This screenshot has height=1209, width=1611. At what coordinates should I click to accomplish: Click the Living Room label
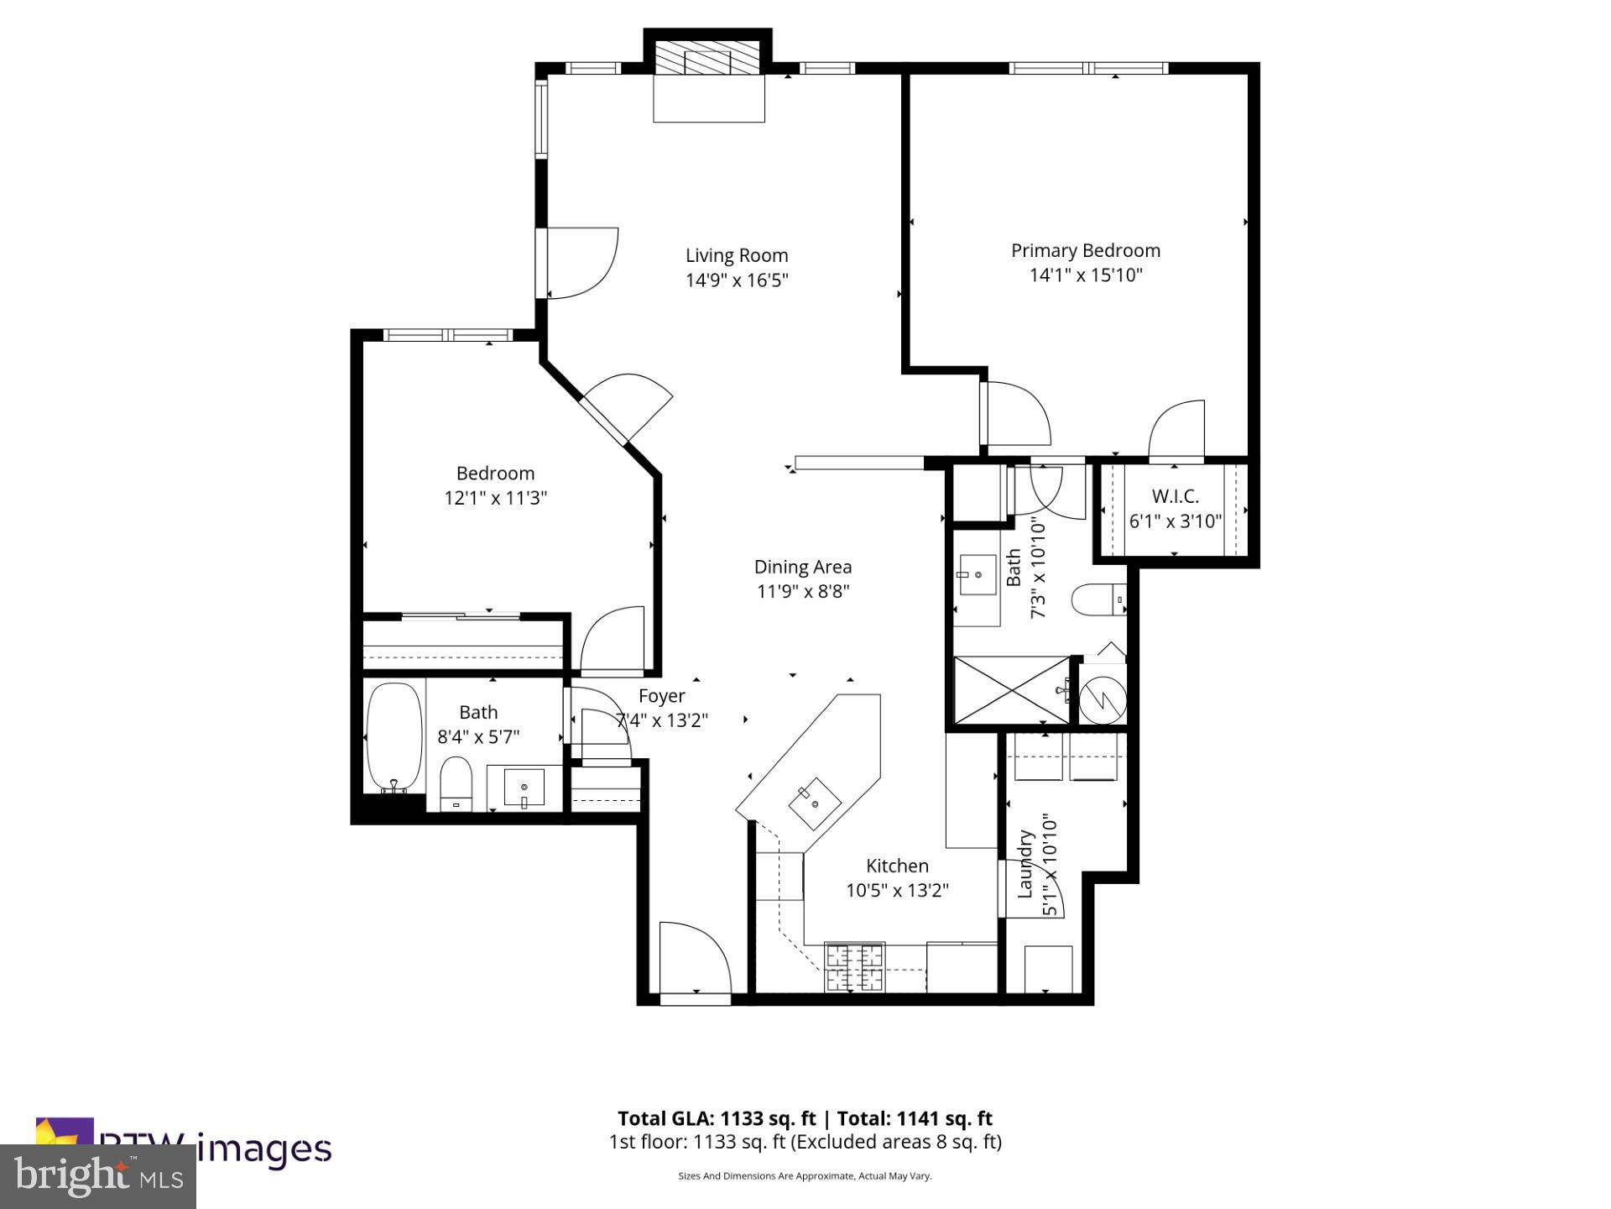[737, 255]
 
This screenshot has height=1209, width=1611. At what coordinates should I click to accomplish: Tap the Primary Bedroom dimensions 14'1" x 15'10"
[1086, 275]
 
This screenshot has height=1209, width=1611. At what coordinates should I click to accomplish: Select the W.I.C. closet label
[1175, 496]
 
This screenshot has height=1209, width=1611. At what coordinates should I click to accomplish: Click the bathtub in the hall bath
[394, 736]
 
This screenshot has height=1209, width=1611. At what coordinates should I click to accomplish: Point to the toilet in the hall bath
[456, 782]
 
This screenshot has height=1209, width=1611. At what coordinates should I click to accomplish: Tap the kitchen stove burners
[855, 966]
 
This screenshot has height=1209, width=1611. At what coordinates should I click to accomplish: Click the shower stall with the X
[1012, 690]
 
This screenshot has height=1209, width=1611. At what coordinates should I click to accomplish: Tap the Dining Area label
[803, 568]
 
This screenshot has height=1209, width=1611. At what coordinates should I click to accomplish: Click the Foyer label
[662, 696]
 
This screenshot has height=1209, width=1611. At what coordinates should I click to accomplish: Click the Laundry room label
[1025, 865]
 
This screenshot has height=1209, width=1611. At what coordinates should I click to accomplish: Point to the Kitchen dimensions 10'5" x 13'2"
[897, 891]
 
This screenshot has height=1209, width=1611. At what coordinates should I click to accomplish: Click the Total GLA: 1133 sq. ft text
[717, 1118]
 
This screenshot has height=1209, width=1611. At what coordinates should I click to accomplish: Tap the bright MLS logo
[98, 1176]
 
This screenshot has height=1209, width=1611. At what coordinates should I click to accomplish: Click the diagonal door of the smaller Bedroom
[628, 408]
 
